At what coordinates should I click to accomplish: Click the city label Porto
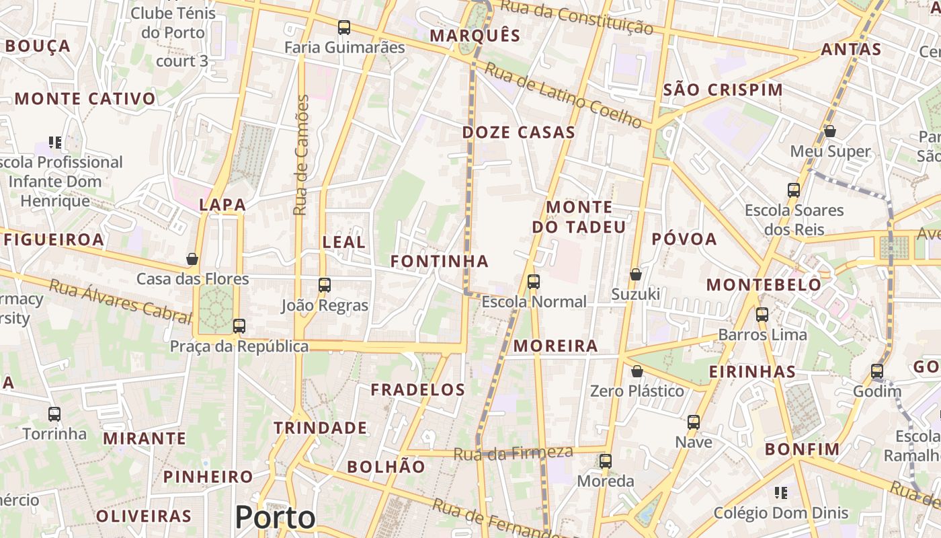click(x=275, y=517)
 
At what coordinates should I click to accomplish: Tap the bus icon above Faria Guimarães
click(x=344, y=28)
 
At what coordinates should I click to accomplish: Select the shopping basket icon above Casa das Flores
click(x=192, y=259)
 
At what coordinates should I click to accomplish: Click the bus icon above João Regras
click(x=325, y=285)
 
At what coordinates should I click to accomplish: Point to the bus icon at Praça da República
click(x=239, y=326)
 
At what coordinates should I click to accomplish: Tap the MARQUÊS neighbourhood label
click(x=475, y=36)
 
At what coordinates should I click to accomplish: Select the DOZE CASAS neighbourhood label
click(x=518, y=132)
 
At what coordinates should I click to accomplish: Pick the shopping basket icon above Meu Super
click(x=830, y=131)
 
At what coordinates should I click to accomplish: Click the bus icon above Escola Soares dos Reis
click(x=794, y=190)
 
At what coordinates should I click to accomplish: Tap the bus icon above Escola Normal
click(x=534, y=282)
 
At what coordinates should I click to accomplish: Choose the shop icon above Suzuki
click(x=635, y=274)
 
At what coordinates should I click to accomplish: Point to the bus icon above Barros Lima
click(x=762, y=314)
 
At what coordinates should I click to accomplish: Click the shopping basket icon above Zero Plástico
click(x=637, y=371)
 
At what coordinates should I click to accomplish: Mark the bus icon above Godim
click(x=877, y=371)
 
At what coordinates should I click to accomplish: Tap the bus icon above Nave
click(x=694, y=422)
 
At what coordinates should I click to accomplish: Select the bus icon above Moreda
click(x=606, y=461)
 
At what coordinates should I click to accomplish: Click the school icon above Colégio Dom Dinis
click(x=780, y=493)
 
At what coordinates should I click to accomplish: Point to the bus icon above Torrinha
click(x=54, y=414)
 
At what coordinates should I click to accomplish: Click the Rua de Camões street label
click(x=302, y=155)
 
